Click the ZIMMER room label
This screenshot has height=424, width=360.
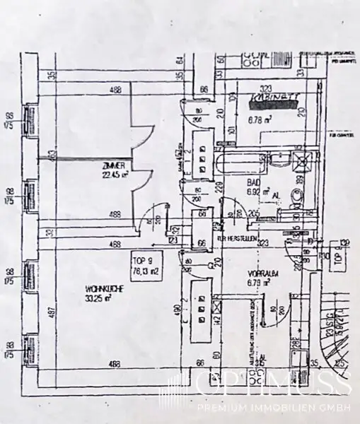113,166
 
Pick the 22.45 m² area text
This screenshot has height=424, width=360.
115,175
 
